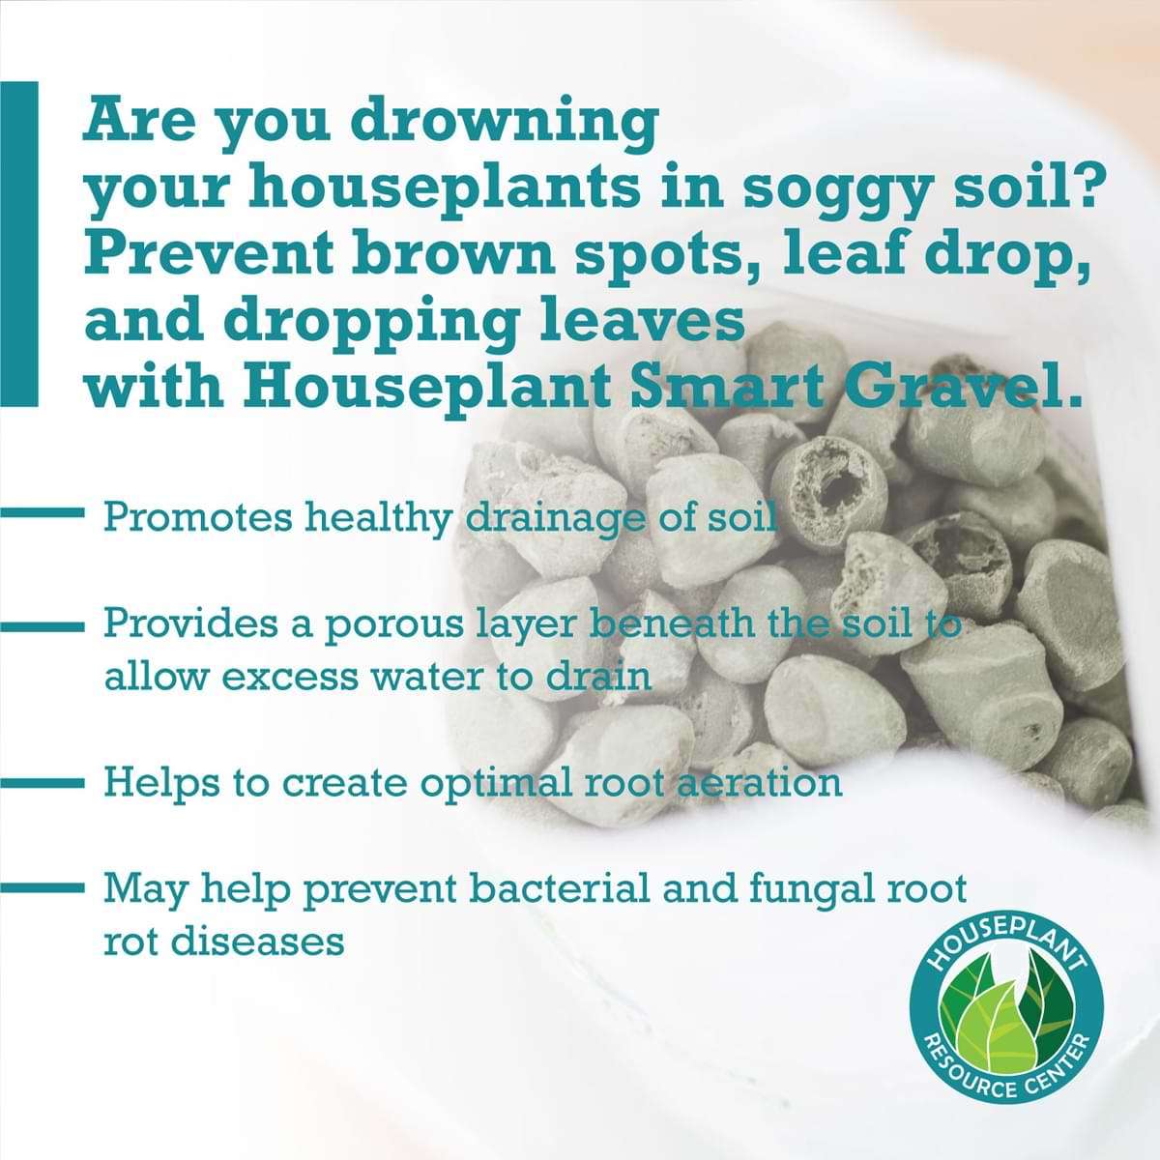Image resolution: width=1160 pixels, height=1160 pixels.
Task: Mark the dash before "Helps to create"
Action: point(43,783)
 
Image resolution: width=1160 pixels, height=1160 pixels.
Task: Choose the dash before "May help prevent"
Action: point(43,887)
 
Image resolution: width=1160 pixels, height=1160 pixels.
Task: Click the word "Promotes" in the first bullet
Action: point(198,518)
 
